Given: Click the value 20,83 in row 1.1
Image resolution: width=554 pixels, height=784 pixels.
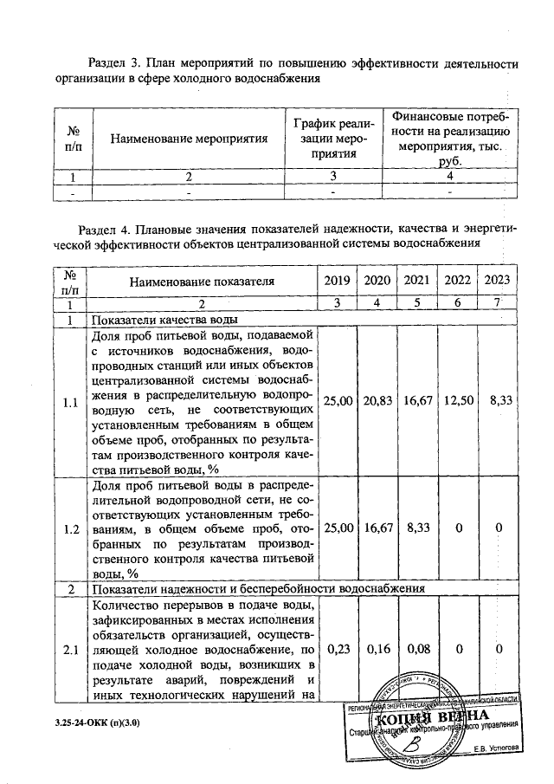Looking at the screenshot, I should tap(377, 401).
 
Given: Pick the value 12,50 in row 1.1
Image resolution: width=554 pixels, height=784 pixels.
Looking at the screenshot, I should tap(457, 401).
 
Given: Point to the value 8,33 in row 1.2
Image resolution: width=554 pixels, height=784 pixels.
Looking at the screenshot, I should tap(417, 526).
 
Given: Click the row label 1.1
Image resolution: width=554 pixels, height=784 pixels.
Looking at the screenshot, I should tap(71, 401).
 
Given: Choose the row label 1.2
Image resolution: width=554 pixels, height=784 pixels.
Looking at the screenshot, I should tap(71, 526).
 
